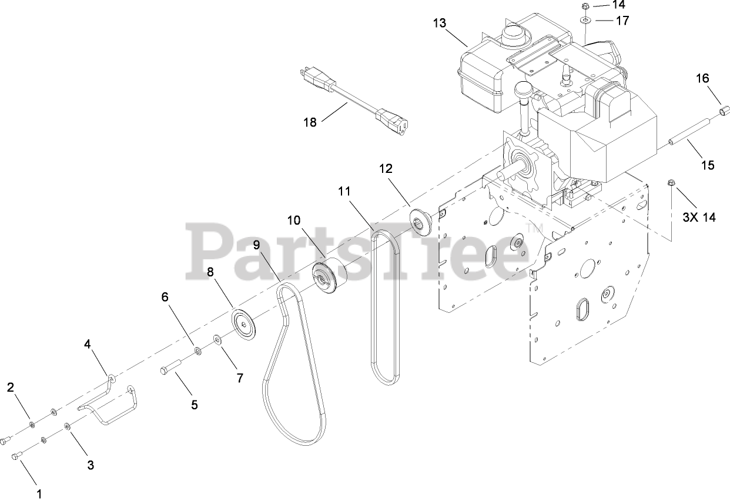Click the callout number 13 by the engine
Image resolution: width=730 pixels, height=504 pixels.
440,24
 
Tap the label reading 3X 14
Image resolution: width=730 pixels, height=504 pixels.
699,217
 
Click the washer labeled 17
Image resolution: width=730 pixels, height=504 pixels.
586,21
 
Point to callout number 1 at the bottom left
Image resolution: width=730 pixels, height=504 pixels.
39,494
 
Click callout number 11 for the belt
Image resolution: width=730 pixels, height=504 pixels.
344,191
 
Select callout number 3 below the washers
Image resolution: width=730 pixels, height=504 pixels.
91,465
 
